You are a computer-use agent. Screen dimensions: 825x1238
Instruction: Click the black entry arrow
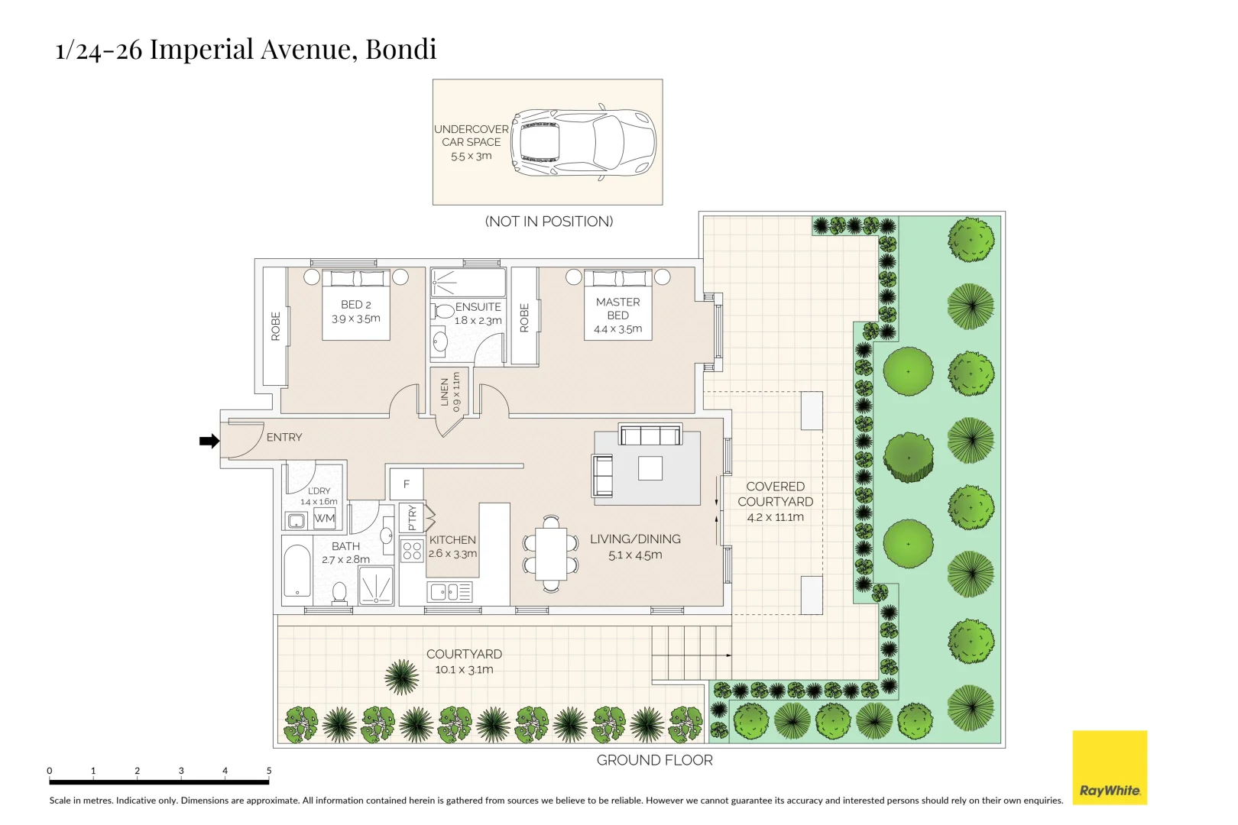[x=209, y=441]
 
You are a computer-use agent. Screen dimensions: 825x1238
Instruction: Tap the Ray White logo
[x=1110, y=768]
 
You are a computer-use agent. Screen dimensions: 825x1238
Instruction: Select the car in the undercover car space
[x=585, y=143]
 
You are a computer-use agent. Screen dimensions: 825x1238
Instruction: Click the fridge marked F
[x=407, y=484]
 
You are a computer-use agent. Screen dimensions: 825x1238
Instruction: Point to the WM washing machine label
[x=325, y=518]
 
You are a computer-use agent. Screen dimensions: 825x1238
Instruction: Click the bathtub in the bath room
[x=297, y=570]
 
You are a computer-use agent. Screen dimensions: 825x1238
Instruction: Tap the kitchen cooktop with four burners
[x=413, y=551]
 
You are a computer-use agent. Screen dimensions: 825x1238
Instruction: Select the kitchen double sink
[x=451, y=591]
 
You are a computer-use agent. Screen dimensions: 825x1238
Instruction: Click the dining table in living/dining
[x=551, y=553]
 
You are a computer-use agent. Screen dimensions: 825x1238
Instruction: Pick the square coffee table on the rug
[x=650, y=467]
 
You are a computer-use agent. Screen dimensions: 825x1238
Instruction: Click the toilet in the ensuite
[x=442, y=311]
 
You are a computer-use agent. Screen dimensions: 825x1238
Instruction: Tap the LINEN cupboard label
[x=445, y=392]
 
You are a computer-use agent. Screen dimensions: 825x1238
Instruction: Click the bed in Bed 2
[x=356, y=306]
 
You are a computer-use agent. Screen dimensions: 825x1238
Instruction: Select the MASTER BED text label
[x=618, y=309]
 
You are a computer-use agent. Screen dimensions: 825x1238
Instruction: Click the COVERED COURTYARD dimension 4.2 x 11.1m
[x=775, y=517]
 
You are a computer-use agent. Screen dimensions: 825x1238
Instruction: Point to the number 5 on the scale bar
[x=269, y=771]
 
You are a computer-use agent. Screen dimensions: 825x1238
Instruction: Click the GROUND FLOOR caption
[x=654, y=760]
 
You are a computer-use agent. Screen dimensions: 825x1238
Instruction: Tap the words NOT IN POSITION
[x=549, y=222]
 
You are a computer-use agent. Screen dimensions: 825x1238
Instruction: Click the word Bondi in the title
[x=401, y=49]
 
